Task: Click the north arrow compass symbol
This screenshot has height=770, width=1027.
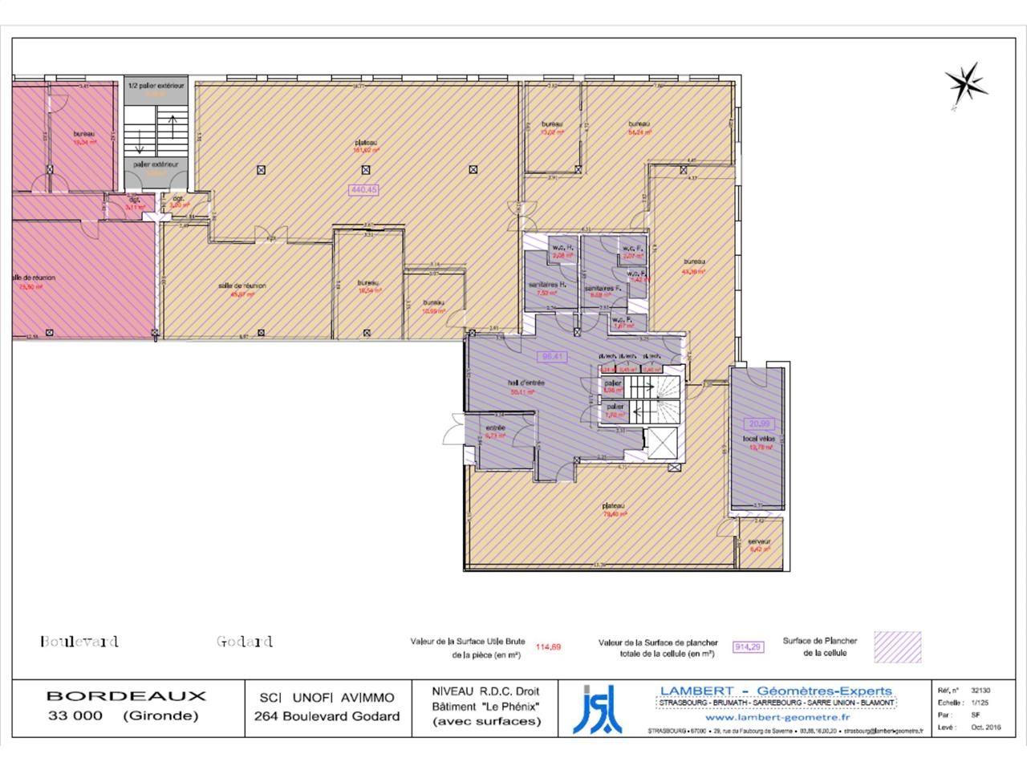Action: point(965,83)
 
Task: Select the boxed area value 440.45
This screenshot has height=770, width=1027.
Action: point(363,190)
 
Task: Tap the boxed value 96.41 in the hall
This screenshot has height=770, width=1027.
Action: point(550,356)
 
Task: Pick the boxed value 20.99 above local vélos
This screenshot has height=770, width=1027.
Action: point(759,423)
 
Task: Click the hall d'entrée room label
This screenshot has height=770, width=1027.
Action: point(526,383)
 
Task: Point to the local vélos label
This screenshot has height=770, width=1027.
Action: point(757,440)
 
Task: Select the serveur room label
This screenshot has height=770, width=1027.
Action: point(760,541)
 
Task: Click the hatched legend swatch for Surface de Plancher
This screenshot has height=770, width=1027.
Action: point(897,647)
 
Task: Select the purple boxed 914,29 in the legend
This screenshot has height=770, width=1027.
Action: point(747,646)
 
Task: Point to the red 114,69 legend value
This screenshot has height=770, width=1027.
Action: point(549,646)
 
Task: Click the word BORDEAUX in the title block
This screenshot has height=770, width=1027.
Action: point(126,696)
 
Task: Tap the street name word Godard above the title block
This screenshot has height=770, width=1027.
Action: point(245,642)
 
